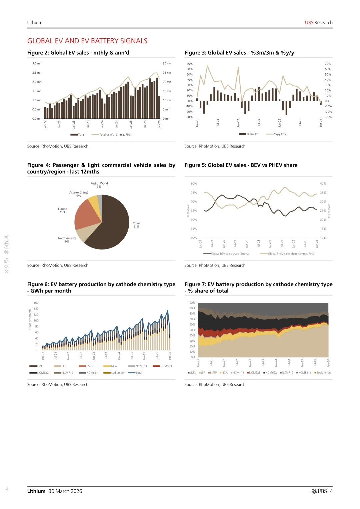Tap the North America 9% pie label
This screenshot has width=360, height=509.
(x=67, y=240)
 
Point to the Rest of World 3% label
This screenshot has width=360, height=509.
(x=99, y=185)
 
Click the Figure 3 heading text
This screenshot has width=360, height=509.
(x=239, y=53)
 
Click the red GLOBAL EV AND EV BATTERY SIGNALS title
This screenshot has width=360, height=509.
(x=87, y=41)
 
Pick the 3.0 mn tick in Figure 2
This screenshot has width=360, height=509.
(x=37, y=63)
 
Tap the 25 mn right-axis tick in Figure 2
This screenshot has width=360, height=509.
(x=167, y=73)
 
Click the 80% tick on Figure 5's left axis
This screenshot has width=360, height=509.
(x=194, y=184)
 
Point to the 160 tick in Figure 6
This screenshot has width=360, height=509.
(x=36, y=303)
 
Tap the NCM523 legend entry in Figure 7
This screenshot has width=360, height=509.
(x=254, y=373)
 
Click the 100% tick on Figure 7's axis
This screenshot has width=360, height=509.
(x=192, y=303)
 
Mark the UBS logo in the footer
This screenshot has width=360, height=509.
(x=319, y=491)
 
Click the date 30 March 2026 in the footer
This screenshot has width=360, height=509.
(x=65, y=491)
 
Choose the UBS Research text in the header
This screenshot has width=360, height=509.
(x=319, y=23)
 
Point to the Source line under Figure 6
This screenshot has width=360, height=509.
(x=58, y=384)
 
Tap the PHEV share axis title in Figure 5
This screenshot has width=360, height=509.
(x=329, y=211)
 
